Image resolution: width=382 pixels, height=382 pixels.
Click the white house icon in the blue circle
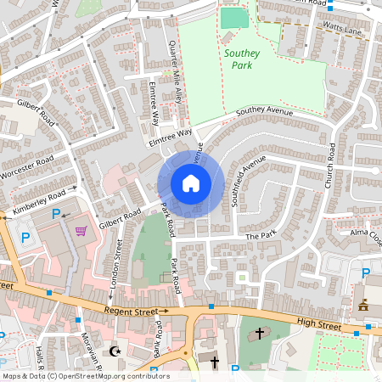click(x=191, y=183)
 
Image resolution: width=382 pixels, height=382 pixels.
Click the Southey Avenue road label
click(x=264, y=111)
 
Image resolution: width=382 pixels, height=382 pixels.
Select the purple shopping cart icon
click(x=81, y=231)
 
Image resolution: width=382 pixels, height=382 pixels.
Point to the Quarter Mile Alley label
click(x=176, y=68)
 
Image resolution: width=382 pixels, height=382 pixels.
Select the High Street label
click(x=319, y=323)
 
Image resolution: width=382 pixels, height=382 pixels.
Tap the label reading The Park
click(x=261, y=235)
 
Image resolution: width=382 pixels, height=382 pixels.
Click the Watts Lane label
click(x=343, y=31)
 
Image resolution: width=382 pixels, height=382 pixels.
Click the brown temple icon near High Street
click(x=363, y=305)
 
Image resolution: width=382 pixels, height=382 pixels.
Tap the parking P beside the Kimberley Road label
click(x=57, y=214)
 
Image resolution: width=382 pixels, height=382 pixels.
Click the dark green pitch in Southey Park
click(x=229, y=18)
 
